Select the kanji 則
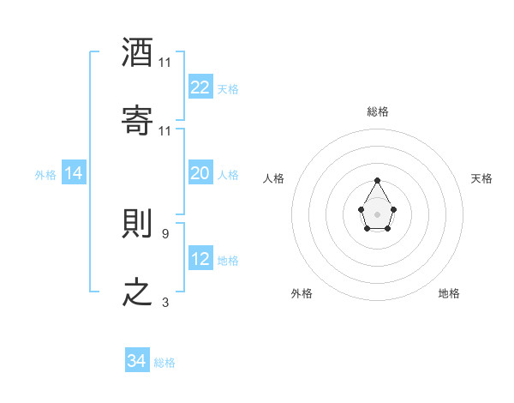click(138, 223)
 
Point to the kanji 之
click(138, 292)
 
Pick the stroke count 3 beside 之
click(164, 302)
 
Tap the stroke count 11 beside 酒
click(165, 63)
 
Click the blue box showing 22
click(200, 87)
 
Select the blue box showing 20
click(200, 173)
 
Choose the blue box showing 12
click(200, 259)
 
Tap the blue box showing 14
click(74, 173)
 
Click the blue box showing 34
click(136, 362)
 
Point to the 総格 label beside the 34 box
click(164, 363)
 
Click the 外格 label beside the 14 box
click(45, 174)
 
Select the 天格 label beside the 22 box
click(228, 88)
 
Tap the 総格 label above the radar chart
click(377, 111)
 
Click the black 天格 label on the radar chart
click(482, 178)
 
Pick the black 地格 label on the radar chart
click(449, 293)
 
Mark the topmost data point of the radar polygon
click(377, 180)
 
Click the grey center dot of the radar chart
click(377, 214)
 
